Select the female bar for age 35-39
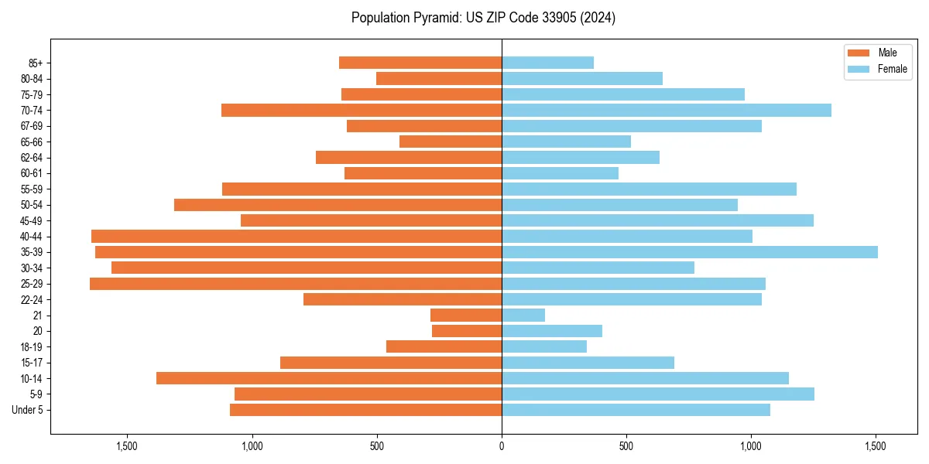pos(689,252)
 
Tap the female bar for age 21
pos(523,315)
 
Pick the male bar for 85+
pos(420,63)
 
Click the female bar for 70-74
pos(666,110)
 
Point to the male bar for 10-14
pos(329,378)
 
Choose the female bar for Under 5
pos(636,410)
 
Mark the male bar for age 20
pos(467,331)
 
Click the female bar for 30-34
pos(598,268)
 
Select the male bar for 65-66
pos(451,142)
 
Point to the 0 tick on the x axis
pos(502,446)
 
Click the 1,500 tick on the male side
pos(127,446)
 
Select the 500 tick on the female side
pos(626,446)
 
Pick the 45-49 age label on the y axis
pos(32,220)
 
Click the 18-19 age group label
pos(32,346)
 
